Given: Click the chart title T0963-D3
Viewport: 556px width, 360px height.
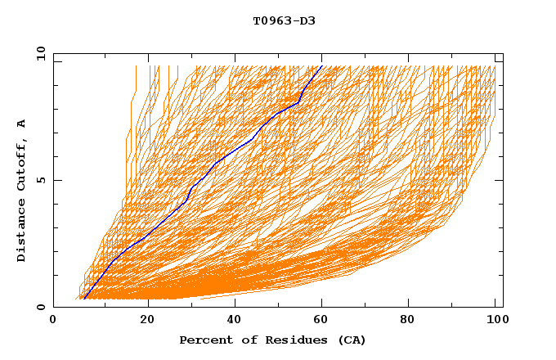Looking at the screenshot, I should (284, 20).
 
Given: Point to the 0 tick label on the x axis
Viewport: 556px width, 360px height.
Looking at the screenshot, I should (53, 321).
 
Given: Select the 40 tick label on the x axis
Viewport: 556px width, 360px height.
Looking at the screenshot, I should (235, 321).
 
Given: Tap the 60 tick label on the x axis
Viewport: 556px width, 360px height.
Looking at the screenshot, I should (322, 321).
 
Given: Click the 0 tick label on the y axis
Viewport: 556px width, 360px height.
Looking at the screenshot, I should (40, 307).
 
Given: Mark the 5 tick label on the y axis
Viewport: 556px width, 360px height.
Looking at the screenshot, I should (40, 180).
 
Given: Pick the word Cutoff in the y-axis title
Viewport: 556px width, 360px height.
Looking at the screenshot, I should (22, 163).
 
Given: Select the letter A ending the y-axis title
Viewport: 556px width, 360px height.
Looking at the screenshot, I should (22, 124).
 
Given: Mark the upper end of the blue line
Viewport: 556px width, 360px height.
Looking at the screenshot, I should (322, 65).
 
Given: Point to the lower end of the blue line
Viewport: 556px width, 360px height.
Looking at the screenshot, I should (83, 299).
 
